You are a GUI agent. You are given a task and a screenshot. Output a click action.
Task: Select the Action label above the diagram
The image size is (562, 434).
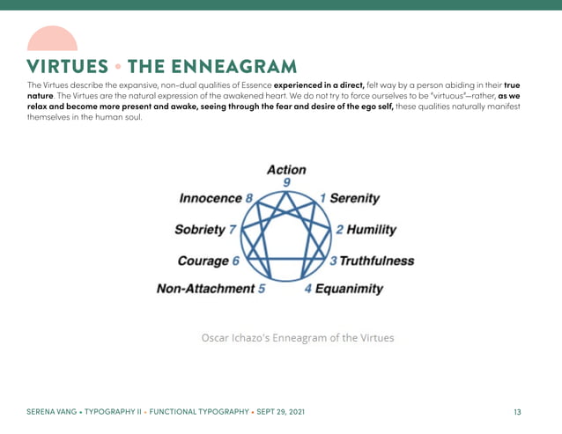pyautogui.click(x=286, y=170)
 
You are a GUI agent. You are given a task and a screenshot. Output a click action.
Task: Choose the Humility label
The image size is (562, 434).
pyautogui.click(x=371, y=230)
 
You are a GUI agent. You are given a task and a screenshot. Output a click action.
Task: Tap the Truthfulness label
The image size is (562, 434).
pyautogui.click(x=376, y=261)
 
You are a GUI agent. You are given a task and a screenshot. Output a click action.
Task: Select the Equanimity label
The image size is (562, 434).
pyautogui.click(x=349, y=289)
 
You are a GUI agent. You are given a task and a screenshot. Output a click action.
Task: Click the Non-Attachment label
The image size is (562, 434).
pyautogui.click(x=205, y=289)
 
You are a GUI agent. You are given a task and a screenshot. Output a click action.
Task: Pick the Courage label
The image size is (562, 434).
pyautogui.click(x=203, y=261)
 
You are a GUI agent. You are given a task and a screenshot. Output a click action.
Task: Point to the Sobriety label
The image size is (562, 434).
pyautogui.click(x=200, y=230)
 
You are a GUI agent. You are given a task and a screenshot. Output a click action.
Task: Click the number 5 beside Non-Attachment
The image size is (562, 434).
pyautogui.click(x=262, y=289)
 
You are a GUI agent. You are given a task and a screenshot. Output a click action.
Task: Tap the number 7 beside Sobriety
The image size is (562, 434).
pyautogui.click(x=232, y=230)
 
